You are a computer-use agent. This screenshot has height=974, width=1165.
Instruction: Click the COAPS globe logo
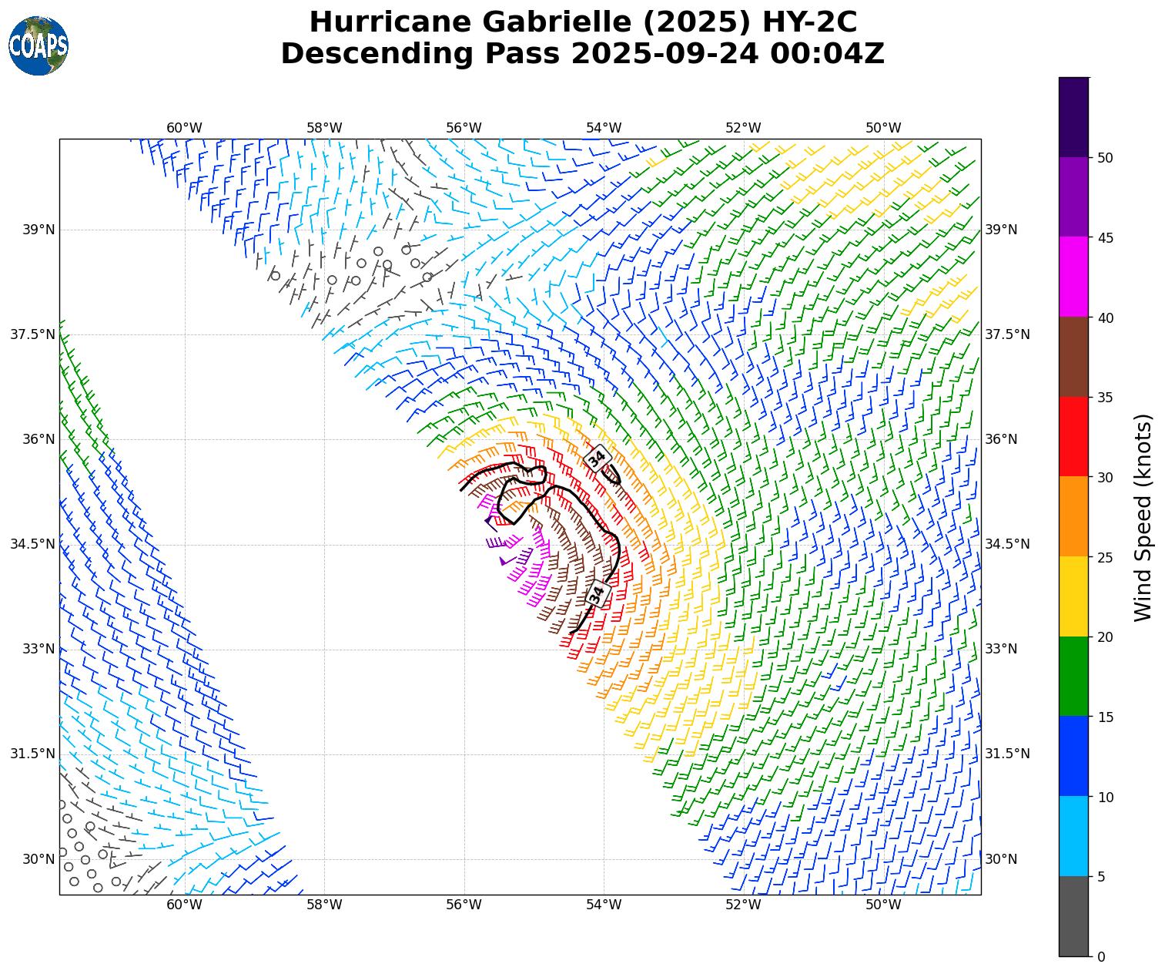38,45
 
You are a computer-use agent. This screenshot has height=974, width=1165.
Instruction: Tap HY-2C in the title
808,22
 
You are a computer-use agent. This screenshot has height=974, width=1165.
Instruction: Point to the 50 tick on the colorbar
1105,158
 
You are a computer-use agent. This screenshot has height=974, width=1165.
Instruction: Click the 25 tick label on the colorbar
1105,558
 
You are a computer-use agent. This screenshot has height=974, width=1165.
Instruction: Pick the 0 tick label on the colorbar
1101,957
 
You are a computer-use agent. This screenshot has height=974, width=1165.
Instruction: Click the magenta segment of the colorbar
1074,277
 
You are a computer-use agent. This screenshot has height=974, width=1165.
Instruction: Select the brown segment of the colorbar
1074,357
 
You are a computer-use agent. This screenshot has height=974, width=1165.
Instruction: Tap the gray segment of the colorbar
1074,916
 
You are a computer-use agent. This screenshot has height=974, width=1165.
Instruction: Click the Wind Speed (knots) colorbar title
1144,517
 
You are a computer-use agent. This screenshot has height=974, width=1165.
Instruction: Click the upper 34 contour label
597,458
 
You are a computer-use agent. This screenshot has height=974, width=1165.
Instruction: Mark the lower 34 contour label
597,593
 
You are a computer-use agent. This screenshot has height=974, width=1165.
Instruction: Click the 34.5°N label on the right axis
1007,544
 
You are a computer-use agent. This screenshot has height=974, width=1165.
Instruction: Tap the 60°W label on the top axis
184,128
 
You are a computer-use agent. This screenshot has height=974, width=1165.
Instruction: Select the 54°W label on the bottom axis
604,905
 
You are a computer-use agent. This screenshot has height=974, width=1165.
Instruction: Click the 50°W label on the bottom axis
883,905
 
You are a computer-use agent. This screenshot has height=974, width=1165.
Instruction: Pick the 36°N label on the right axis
1001,439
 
